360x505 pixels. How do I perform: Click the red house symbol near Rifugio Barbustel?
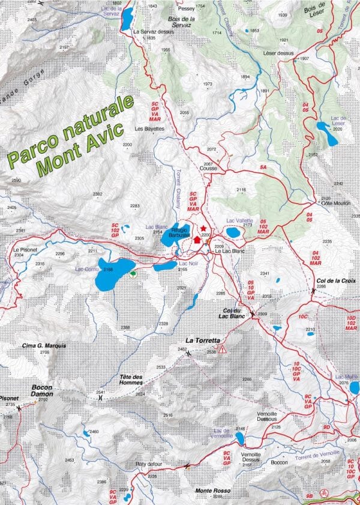point(197,239)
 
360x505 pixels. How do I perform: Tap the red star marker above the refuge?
point(204,229)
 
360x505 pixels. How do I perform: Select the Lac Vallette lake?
point(233,232)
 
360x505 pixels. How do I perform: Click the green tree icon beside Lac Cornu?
point(133,274)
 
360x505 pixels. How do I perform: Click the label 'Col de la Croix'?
point(337,280)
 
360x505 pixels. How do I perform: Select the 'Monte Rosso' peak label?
point(208,491)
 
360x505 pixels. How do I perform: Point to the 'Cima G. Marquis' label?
point(44,346)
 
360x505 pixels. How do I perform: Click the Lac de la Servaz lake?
point(127,19)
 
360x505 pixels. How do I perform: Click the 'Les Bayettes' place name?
point(149,129)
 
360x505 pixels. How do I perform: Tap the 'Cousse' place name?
point(208,169)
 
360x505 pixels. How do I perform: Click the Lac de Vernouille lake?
point(239,439)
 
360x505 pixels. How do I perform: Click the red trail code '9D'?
point(326,426)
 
